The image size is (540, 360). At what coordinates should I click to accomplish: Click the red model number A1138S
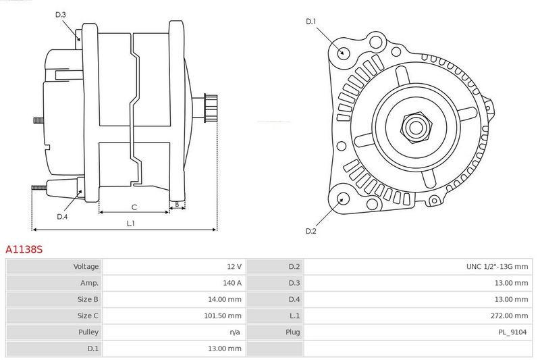coord(24,249)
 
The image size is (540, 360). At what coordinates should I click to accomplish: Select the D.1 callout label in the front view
coord(310,22)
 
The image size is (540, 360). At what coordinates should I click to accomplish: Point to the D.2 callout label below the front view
coord(310,231)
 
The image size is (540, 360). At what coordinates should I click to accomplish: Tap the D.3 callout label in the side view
coord(60,14)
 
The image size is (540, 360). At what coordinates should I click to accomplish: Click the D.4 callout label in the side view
coord(62,217)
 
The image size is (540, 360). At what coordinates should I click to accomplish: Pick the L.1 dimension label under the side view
coord(130,224)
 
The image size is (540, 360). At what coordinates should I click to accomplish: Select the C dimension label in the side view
coord(134,207)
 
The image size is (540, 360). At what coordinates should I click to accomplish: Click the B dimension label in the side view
coord(177,204)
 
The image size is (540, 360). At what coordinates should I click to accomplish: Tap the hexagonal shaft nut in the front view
coord(416,127)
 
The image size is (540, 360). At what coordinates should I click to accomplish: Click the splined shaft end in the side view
coord(211,107)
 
